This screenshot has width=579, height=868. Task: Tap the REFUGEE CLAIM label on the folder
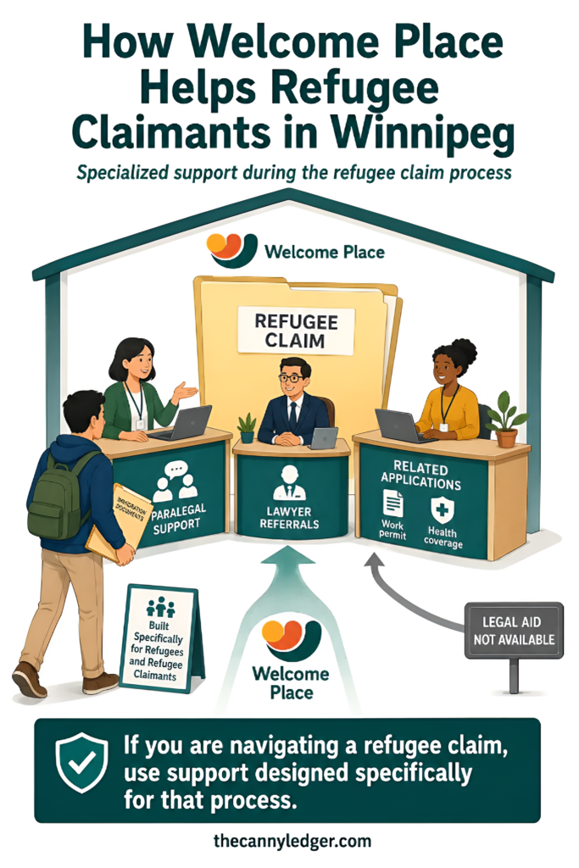click(296, 331)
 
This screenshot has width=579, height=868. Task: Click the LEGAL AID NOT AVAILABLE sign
click(514, 631)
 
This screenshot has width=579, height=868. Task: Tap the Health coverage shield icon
click(443, 509)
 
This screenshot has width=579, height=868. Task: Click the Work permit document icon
click(393, 504)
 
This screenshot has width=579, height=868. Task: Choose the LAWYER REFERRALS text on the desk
click(289, 517)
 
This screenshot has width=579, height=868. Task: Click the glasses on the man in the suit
click(291, 379)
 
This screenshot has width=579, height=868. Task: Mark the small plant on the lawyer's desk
click(247, 427)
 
